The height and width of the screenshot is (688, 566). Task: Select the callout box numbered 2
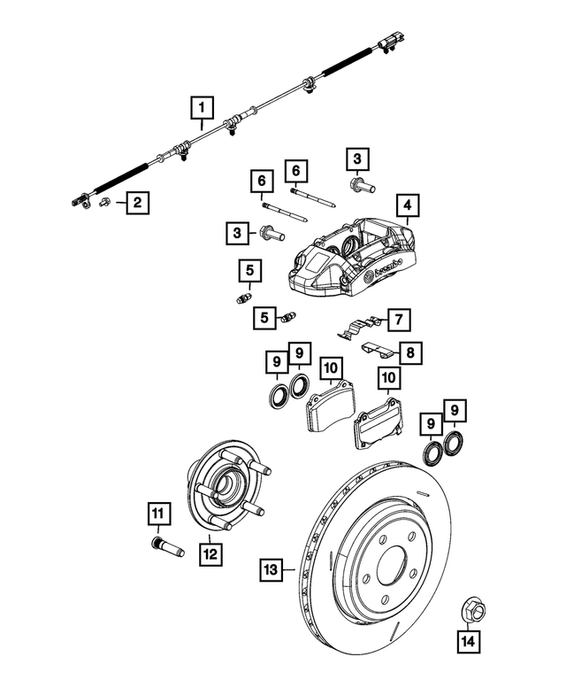point(136,204)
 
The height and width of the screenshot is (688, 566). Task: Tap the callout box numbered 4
point(407,207)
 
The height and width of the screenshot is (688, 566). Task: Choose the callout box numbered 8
point(409,353)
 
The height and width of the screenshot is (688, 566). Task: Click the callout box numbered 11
point(157,514)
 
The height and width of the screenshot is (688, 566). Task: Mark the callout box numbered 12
point(210,553)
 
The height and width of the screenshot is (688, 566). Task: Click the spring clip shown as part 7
point(361,326)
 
